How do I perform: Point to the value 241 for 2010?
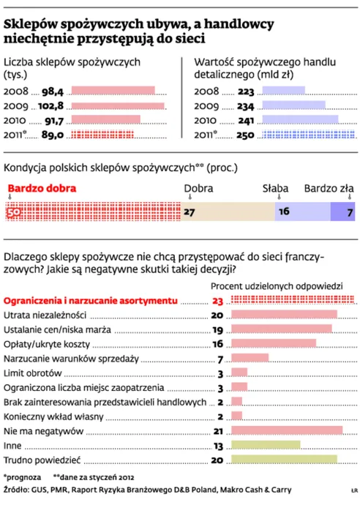click(x=247, y=120)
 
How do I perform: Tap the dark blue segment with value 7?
click(x=342, y=212)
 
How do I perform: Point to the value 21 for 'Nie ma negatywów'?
click(x=217, y=431)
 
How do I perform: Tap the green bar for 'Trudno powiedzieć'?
click(x=284, y=460)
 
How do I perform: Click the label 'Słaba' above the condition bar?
click(x=276, y=188)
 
